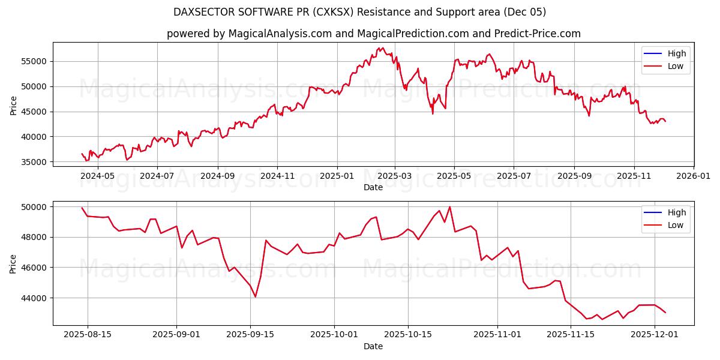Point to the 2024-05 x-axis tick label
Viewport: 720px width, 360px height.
pyautogui.click(x=97, y=176)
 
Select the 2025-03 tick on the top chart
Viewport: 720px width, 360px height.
pyautogui.click(x=395, y=176)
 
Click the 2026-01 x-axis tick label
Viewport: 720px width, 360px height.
pyautogui.click(x=693, y=176)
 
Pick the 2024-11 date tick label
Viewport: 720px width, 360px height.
pyautogui.click(x=277, y=176)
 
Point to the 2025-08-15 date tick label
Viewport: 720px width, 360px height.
pyautogui.click(x=88, y=335)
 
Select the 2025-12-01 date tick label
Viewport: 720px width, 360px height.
pyautogui.click(x=654, y=335)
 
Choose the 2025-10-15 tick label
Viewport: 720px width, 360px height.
pyautogui.click(x=408, y=335)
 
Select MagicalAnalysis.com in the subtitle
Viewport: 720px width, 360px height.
pyautogui.click(x=280, y=34)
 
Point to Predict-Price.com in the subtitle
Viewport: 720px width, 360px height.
pyautogui.click(x=528, y=34)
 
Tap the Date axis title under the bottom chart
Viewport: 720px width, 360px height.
pyautogui.click(x=373, y=346)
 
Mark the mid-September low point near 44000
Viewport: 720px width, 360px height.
pyautogui.click(x=255, y=296)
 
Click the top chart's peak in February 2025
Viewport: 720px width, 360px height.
pyautogui.click(x=383, y=47)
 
